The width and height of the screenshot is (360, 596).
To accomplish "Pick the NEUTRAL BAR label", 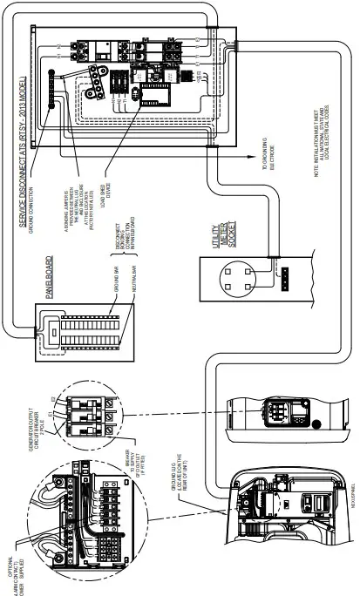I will point(116,266).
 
